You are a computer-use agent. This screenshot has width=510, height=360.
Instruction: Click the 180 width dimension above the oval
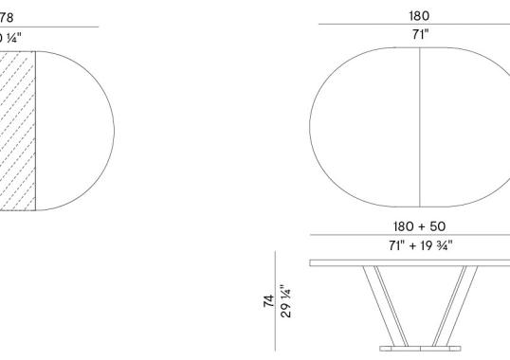(419, 16)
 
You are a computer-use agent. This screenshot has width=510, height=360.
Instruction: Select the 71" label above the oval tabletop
(419, 35)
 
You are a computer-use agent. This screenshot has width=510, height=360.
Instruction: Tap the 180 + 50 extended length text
(419, 226)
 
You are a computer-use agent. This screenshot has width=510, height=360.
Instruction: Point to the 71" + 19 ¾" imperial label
(419, 245)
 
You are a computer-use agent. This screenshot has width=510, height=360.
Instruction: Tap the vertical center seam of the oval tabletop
(419, 127)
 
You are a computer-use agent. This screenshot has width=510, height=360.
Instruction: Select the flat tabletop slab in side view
(410, 261)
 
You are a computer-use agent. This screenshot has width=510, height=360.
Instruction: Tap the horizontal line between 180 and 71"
(419, 26)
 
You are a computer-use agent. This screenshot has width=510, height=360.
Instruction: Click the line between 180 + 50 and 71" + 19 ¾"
(419, 236)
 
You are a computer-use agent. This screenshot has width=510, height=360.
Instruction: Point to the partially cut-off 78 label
(7, 16)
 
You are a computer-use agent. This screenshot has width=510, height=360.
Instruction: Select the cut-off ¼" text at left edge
(9, 38)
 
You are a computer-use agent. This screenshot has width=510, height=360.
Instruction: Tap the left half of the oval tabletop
(365, 127)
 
